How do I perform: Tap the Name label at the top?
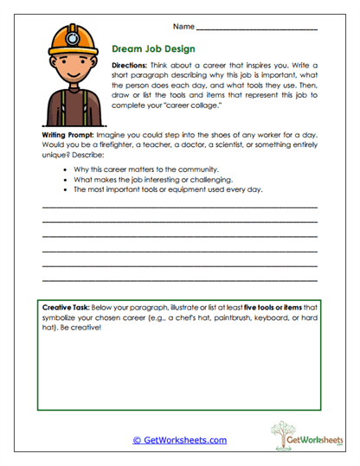coord(184,28)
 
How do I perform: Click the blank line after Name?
coord(256,30)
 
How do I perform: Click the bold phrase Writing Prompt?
coord(68,137)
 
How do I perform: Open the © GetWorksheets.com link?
coord(179,440)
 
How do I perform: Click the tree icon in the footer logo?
coord(281,434)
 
